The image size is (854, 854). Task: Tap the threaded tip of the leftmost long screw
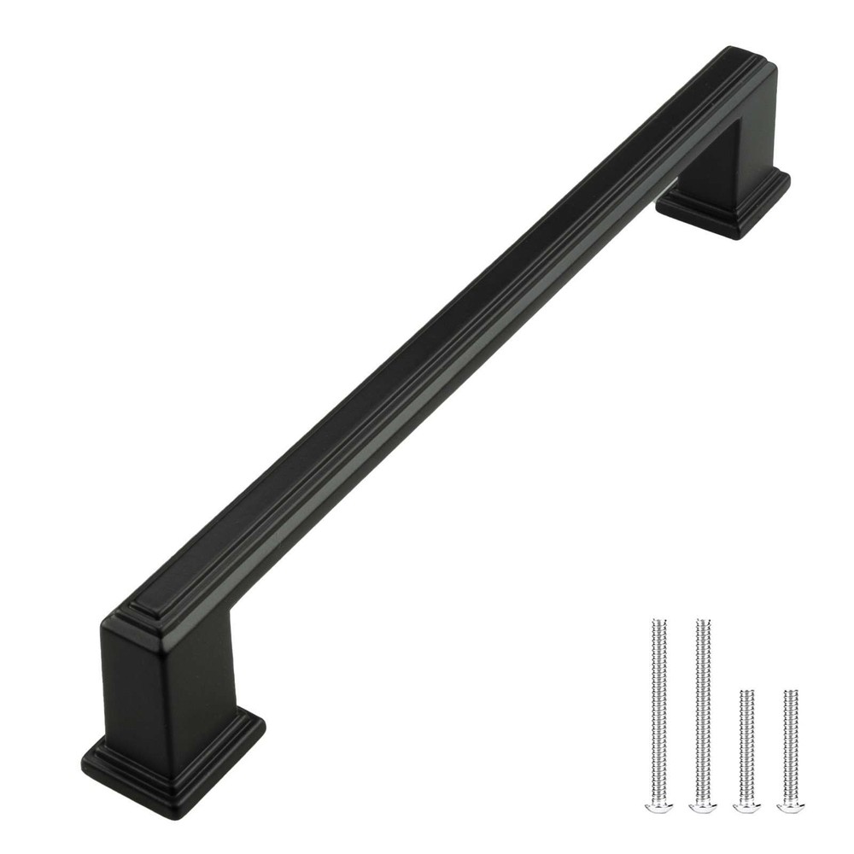click(x=658, y=622)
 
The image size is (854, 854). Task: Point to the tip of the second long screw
click(x=702, y=621)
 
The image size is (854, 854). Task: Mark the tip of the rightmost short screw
click(x=791, y=692)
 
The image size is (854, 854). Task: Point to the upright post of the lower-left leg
click(x=167, y=683)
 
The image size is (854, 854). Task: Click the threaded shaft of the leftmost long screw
click(x=658, y=709)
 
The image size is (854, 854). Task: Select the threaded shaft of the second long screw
click(x=702, y=709)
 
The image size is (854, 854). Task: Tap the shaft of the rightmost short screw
click(x=791, y=743)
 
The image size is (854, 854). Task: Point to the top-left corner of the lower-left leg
click(x=106, y=623)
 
